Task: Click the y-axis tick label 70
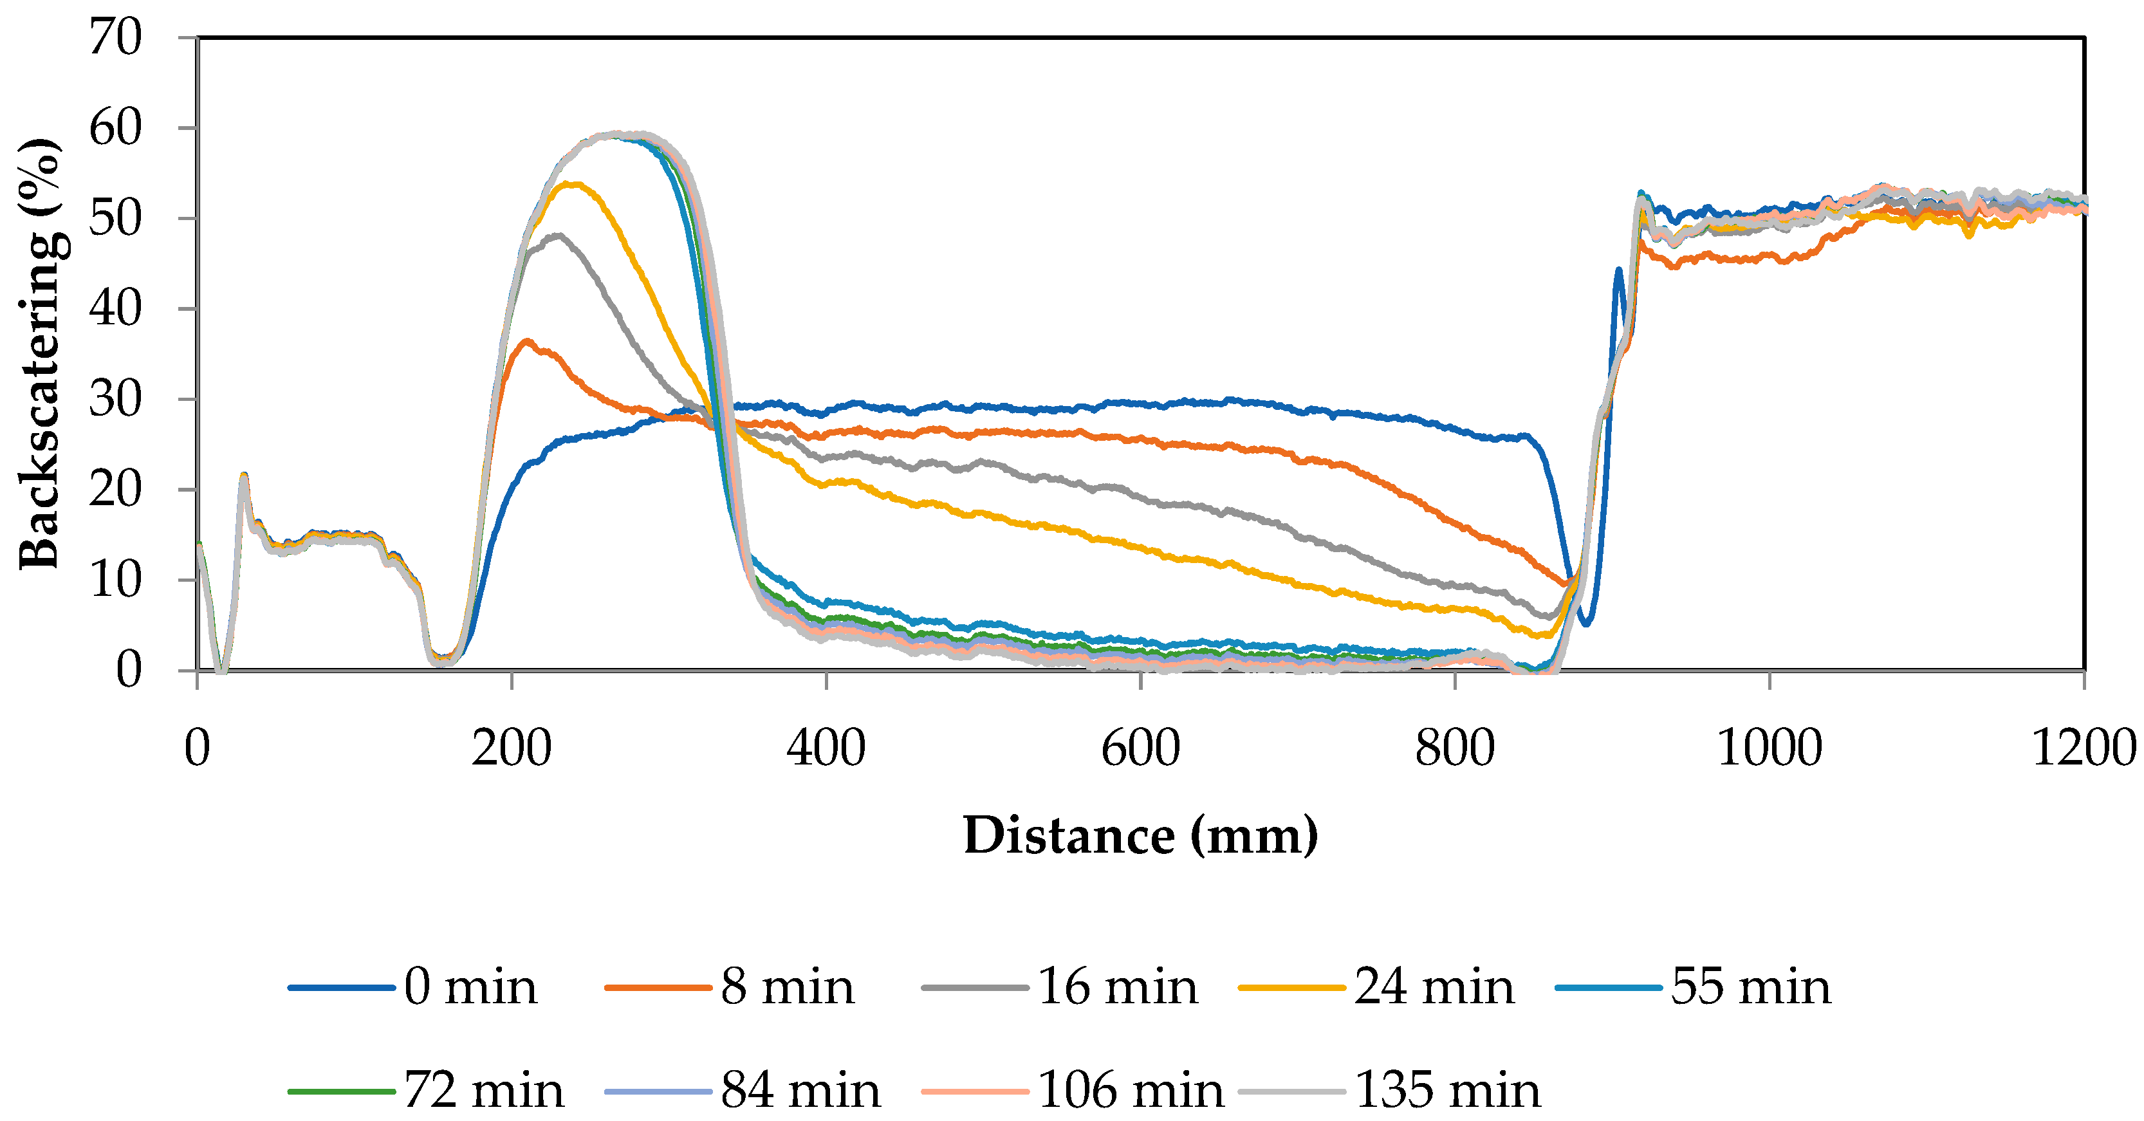[116, 37]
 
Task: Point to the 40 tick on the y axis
[116, 309]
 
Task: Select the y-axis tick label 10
[116, 580]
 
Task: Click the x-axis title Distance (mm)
[1140, 835]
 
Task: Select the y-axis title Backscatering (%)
[40, 354]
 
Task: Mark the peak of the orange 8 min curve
[526, 340]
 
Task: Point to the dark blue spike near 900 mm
[1619, 270]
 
